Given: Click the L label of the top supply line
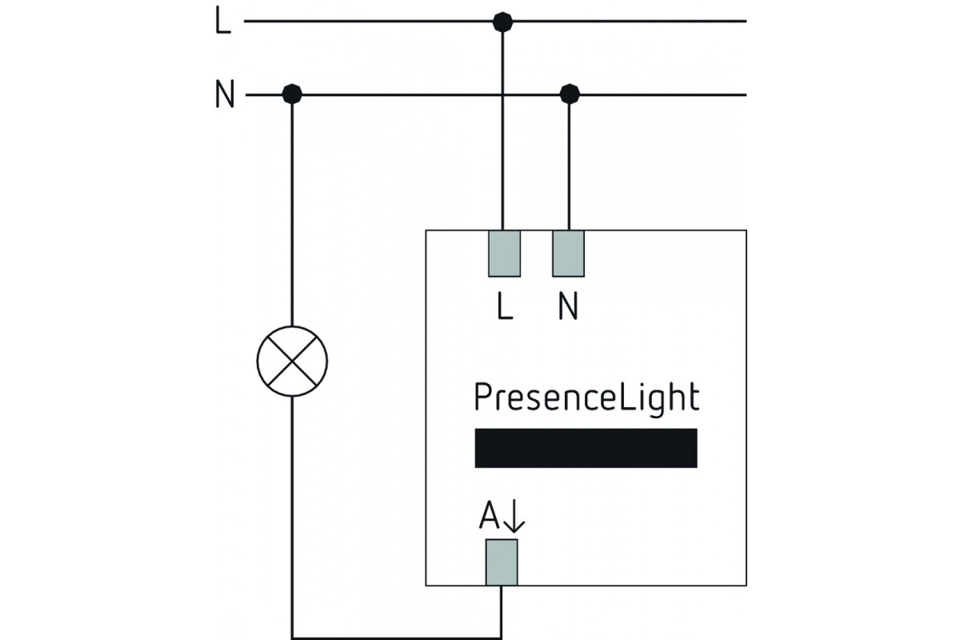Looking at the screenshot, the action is pyautogui.click(x=223, y=22).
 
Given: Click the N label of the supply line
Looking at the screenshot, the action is pyautogui.click(x=225, y=94).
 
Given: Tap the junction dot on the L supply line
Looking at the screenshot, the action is pyautogui.click(x=502, y=22).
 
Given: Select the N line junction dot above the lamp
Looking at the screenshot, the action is pyautogui.click(x=292, y=94).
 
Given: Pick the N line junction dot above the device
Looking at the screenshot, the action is pyautogui.click(x=570, y=94).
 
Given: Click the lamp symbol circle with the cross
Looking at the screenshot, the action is pyautogui.click(x=292, y=361).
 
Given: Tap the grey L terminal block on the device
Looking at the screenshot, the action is pyautogui.click(x=505, y=254).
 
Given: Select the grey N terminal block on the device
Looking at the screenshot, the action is pyautogui.click(x=568, y=254).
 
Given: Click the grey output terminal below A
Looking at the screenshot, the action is pyautogui.click(x=502, y=562).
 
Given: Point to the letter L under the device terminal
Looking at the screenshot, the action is pyautogui.click(x=505, y=306).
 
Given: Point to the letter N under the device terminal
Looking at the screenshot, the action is pyautogui.click(x=568, y=306).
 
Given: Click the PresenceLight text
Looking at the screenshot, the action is pyautogui.click(x=586, y=398).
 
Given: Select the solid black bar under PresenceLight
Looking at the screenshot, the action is pyautogui.click(x=586, y=448).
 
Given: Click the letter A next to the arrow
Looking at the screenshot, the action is pyautogui.click(x=489, y=515).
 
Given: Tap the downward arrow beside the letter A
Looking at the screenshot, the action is pyautogui.click(x=514, y=516).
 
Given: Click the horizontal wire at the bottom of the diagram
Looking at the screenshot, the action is pyautogui.click(x=397, y=638).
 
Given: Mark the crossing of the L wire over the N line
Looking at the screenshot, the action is pyautogui.click(x=502, y=94).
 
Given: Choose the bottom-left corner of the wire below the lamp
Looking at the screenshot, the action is pyautogui.click(x=292, y=638).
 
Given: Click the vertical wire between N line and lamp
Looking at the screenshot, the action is pyautogui.click(x=292, y=210).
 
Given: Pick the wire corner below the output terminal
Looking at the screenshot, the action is pyautogui.click(x=501, y=638).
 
